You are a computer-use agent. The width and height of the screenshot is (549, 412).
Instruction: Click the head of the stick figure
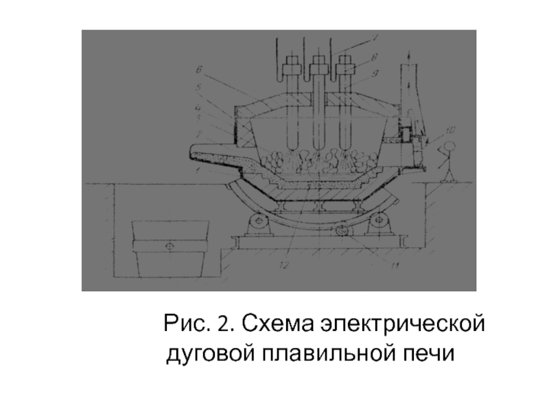point(450,146)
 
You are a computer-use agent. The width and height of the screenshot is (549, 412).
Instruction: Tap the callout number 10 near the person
point(449,129)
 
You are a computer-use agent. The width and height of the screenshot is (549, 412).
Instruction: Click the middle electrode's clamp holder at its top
point(317,67)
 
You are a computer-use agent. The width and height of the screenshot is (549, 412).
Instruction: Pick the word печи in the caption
point(429,354)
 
